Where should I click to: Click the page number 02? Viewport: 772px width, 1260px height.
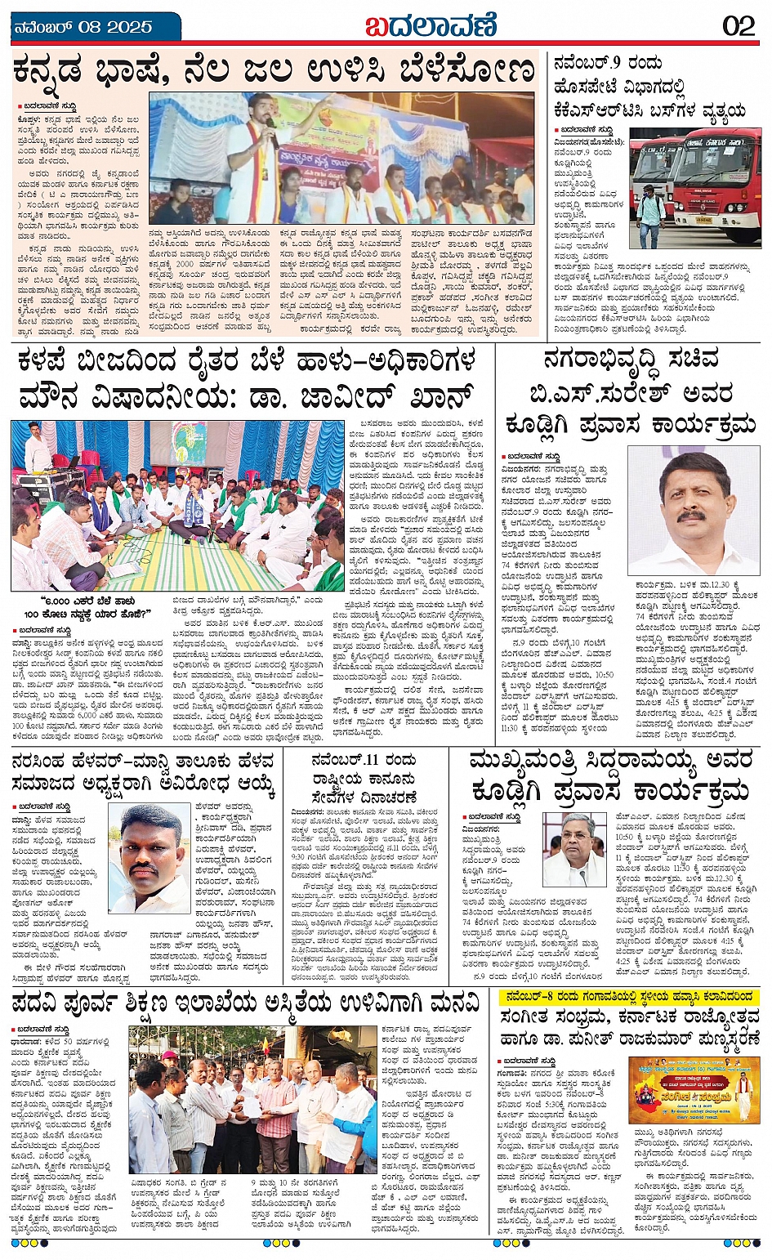pos(739,25)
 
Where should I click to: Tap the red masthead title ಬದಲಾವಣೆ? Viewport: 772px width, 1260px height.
pos(431,25)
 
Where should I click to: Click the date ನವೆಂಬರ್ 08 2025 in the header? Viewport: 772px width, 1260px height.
pos(83,27)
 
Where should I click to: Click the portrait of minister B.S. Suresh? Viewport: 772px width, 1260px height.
pos(693,512)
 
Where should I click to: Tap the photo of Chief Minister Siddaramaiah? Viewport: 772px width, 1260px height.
pos(574,849)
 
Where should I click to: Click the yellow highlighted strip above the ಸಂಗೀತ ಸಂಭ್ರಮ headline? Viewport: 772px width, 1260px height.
pos(629,996)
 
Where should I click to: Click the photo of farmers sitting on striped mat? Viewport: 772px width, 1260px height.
pos(177,507)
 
